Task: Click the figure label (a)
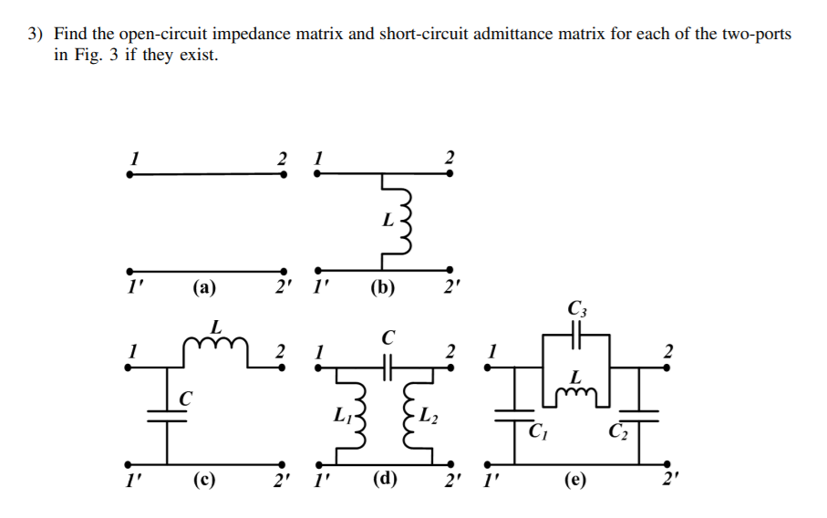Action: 203,289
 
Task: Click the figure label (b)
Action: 383,289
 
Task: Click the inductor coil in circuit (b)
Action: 406,221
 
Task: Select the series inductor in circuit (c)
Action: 216,343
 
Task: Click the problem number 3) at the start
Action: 35,35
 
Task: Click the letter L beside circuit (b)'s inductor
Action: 388,220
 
